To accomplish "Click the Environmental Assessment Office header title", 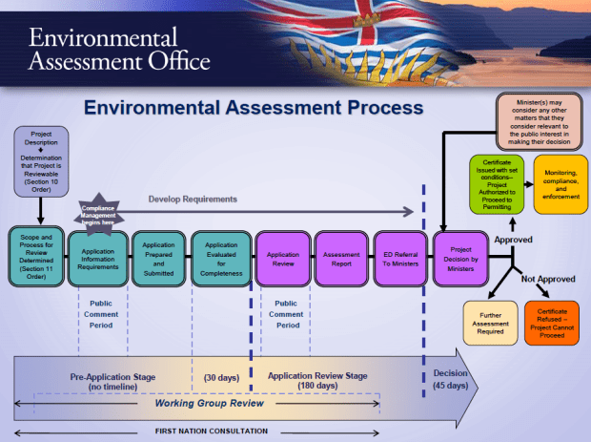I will [x=118, y=51].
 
